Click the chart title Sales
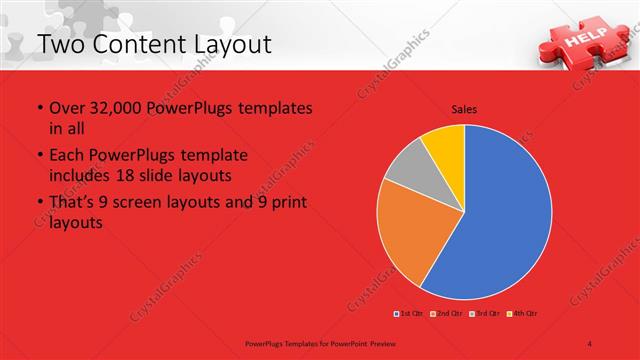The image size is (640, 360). coord(464,108)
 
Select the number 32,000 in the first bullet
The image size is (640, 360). coord(118,108)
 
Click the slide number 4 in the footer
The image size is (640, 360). coord(590,342)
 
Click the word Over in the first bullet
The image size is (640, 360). coord(67,108)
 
